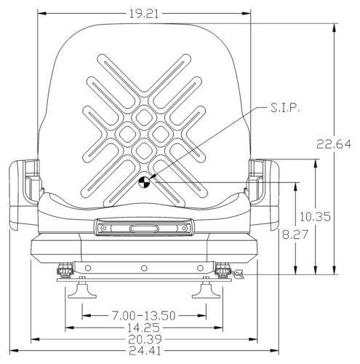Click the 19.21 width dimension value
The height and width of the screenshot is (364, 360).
click(144, 14)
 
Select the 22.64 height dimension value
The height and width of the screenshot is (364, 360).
click(334, 144)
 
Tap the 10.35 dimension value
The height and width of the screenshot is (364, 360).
click(315, 217)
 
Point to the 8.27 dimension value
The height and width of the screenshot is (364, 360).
click(295, 234)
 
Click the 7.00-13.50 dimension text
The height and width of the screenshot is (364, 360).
click(143, 316)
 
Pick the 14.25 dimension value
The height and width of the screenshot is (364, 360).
click(143, 328)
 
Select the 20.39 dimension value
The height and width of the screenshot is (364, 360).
click(145, 339)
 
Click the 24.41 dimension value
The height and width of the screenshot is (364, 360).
click(145, 351)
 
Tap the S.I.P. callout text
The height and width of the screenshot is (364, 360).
click(285, 108)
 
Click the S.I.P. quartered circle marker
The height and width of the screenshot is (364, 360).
click(143, 182)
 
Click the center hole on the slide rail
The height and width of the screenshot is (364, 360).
click(144, 268)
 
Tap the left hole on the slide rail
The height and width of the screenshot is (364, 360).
click(88, 268)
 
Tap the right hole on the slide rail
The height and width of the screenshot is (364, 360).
click(200, 268)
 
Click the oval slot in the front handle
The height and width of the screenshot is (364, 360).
click(144, 229)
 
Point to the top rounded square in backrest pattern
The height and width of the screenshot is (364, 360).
click(144, 118)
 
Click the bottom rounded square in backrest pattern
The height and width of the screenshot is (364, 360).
click(144, 151)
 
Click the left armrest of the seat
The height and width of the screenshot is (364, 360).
click(24, 194)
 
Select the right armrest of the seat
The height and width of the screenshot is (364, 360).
click(264, 194)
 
